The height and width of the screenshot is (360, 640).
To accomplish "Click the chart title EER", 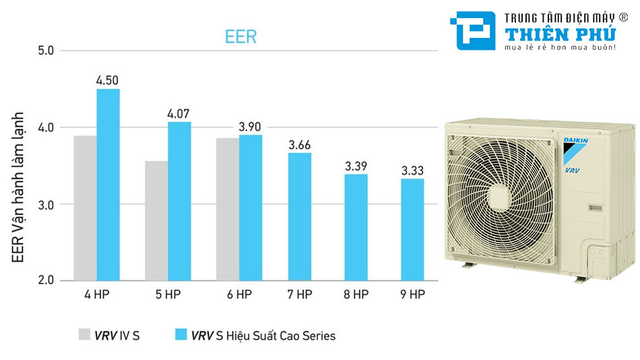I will coord(241,36).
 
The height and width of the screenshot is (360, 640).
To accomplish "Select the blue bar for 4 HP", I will coord(108,184).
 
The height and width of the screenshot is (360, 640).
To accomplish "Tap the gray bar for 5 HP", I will coord(156,220).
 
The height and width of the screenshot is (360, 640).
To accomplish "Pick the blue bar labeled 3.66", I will coord(300,216).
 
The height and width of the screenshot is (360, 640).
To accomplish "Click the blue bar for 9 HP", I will coord(412,229).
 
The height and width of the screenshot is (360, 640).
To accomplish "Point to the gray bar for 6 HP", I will coord(227,209).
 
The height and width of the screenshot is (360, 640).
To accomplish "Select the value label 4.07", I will coord(179,113).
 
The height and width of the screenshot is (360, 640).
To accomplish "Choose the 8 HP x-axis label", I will coord(356,295).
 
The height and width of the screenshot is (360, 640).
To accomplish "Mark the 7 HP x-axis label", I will coord(300,295).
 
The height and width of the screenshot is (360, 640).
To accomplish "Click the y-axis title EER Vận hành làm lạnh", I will coord(18,187).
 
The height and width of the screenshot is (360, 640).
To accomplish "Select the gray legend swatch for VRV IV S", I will coord(84,335).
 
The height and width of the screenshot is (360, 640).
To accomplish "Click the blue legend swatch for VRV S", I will coord(180,335).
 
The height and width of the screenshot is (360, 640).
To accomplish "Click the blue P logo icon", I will coord(476,30).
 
